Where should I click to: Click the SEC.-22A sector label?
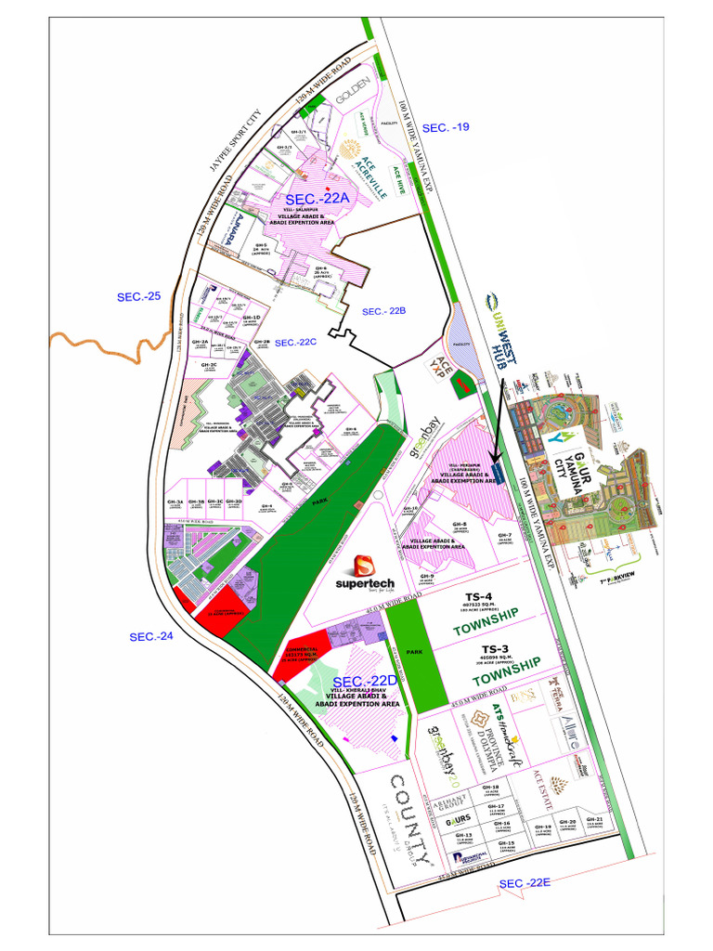pyautogui.click(x=318, y=199)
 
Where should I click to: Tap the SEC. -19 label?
pyautogui.click(x=446, y=126)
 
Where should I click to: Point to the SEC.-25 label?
pyautogui.click(x=138, y=297)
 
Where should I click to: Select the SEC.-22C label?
pyautogui.click(x=296, y=342)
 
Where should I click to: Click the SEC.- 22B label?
pyautogui.click(x=384, y=311)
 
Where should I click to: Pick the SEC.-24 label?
pyautogui.click(x=151, y=636)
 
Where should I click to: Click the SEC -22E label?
pyautogui.click(x=525, y=883)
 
